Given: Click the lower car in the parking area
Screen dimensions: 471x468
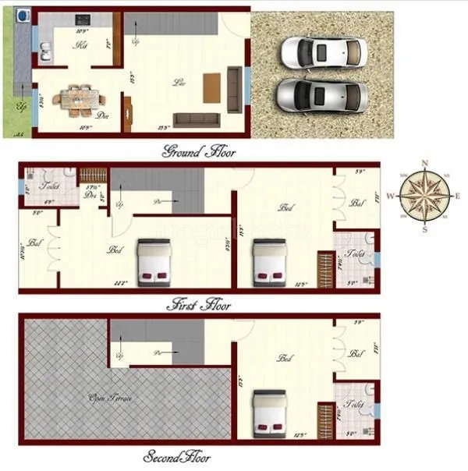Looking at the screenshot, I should (322, 95).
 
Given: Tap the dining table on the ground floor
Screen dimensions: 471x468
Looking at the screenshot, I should (80, 99).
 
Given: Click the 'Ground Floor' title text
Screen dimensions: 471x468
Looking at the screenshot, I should (198, 151).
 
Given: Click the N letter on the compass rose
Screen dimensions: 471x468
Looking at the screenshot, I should (424, 163).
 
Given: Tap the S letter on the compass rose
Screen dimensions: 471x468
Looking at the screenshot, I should (424, 230).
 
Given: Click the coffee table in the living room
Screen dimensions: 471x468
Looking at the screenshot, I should (212, 87).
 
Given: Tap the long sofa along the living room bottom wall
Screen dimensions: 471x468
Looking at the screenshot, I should (197, 119).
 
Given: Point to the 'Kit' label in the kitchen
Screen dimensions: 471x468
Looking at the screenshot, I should (80, 46).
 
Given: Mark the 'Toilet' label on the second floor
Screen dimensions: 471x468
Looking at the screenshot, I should (354, 405).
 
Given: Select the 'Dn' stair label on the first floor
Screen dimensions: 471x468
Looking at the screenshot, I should (158, 202).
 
